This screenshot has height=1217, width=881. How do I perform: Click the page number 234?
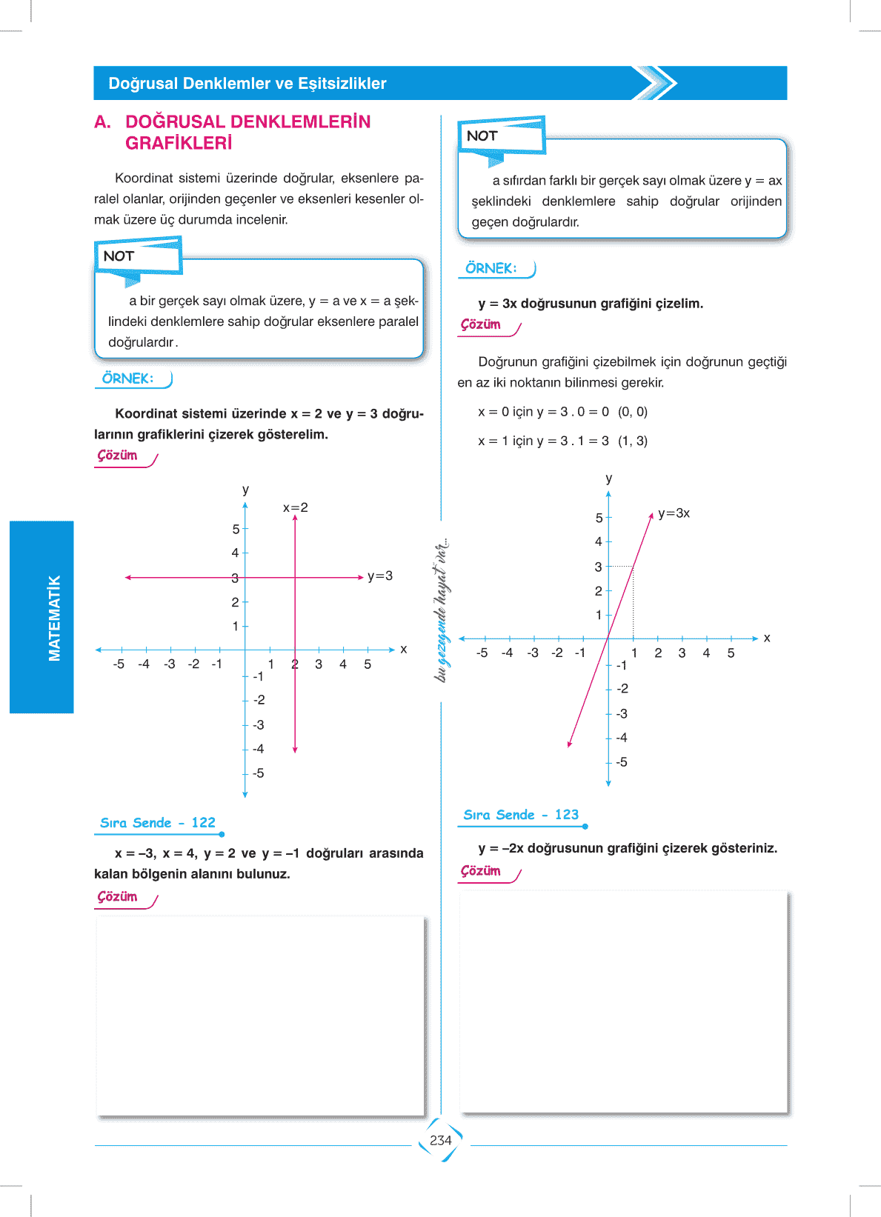(x=440, y=1141)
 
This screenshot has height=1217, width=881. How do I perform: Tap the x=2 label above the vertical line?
(x=295, y=507)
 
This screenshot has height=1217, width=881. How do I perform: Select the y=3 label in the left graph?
(x=380, y=576)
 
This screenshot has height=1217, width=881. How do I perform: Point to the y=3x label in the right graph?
(x=674, y=513)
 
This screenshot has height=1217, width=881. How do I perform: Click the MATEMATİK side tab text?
(x=54, y=618)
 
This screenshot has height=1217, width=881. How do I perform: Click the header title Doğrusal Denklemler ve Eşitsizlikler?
(x=247, y=83)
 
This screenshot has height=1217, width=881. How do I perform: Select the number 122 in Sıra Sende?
(x=203, y=822)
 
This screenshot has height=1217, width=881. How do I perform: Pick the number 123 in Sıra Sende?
(x=567, y=814)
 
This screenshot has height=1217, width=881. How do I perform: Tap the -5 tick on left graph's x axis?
(x=119, y=664)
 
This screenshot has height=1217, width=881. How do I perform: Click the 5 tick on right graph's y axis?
(x=599, y=518)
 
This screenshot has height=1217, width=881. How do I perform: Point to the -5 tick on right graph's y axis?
(x=621, y=761)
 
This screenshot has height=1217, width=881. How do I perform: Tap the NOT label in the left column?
(x=119, y=256)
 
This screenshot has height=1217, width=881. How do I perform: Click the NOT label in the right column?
(x=482, y=136)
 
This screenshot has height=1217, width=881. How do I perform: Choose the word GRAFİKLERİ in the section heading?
(x=179, y=143)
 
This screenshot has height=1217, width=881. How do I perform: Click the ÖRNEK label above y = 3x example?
(x=491, y=268)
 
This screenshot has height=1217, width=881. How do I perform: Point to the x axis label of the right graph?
(x=767, y=637)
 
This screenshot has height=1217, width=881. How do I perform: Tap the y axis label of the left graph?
(x=245, y=490)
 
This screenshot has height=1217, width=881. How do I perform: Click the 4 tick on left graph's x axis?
(x=343, y=664)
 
